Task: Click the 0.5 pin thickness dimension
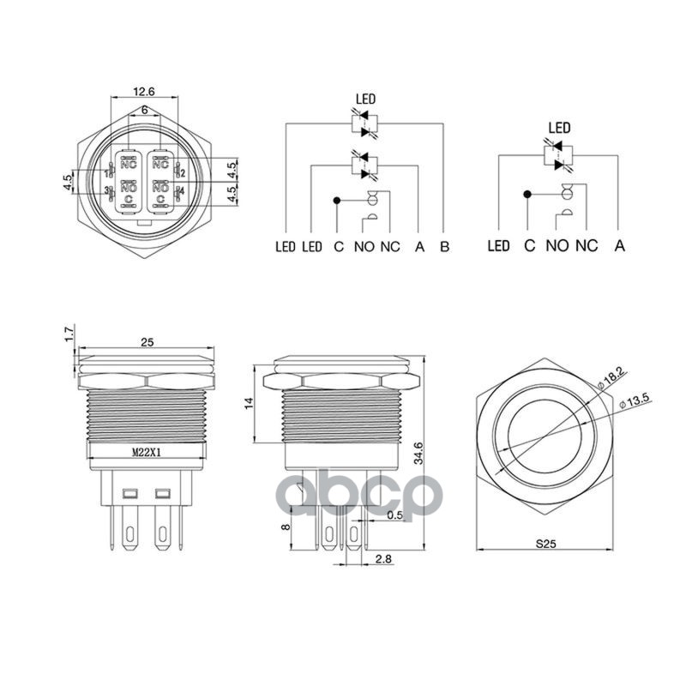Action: pyautogui.click(x=394, y=515)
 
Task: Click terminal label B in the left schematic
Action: pyautogui.click(x=444, y=247)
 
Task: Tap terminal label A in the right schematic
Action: pyautogui.click(x=619, y=246)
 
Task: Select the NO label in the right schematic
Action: pyautogui.click(x=557, y=246)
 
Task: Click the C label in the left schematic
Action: pyautogui.click(x=339, y=247)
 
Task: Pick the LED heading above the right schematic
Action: pyautogui.click(x=559, y=129)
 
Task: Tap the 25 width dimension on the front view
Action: pyautogui.click(x=147, y=342)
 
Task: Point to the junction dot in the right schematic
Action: pyautogui.click(x=528, y=194)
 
